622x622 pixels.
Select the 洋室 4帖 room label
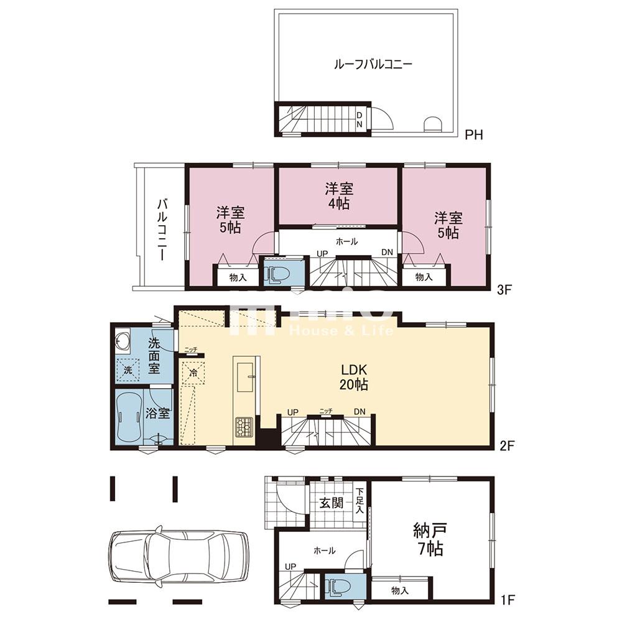[337, 195]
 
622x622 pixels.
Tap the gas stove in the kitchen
[243, 427]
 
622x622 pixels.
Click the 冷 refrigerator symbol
[193, 374]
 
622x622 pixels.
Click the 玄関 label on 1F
[331, 503]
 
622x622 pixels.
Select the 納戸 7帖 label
[429, 539]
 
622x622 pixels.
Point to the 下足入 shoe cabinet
[360, 500]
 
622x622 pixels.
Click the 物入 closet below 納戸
[399, 590]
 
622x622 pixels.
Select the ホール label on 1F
[325, 550]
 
